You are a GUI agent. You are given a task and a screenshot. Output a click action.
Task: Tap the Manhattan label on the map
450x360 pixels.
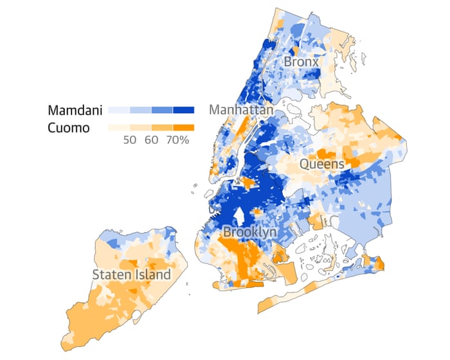[x=240, y=110]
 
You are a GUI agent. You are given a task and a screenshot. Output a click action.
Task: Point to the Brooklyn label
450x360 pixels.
[x=250, y=231]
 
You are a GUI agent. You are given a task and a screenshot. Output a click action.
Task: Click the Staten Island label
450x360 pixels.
[x=132, y=274]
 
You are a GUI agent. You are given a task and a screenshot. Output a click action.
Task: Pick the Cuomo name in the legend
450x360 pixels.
[x=68, y=127]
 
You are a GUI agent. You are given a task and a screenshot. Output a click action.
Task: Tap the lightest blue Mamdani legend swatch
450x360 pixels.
[x=118, y=110]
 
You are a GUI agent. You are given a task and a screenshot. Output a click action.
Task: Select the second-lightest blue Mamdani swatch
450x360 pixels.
[x=140, y=110]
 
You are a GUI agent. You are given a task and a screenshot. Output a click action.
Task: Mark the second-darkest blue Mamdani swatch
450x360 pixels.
[x=161, y=110]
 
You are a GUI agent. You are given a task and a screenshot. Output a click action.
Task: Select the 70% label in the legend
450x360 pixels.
[x=177, y=140]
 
